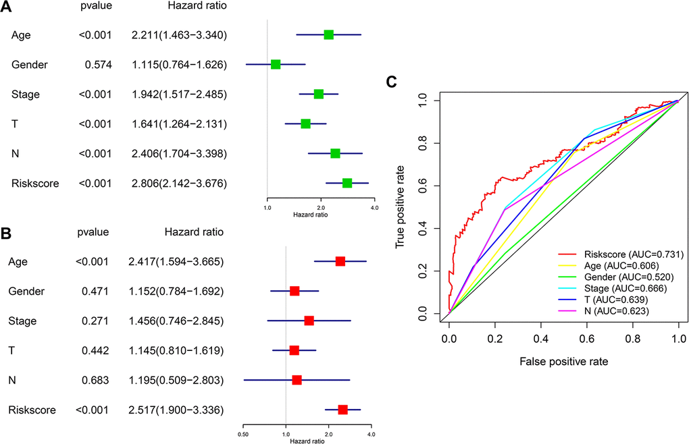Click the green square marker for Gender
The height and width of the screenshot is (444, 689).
click(276, 64)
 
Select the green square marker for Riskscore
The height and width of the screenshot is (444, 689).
click(347, 183)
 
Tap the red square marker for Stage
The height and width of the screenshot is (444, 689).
click(309, 321)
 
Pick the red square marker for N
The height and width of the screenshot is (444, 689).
click(297, 380)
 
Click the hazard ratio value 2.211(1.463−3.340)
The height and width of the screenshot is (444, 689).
click(179, 34)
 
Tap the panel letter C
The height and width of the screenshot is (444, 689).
click(390, 82)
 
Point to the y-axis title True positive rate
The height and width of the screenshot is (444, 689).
click(400, 206)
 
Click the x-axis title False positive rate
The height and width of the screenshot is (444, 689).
click(563, 362)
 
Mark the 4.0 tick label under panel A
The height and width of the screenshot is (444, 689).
click(374, 209)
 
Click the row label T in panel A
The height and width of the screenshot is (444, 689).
click(15, 123)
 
